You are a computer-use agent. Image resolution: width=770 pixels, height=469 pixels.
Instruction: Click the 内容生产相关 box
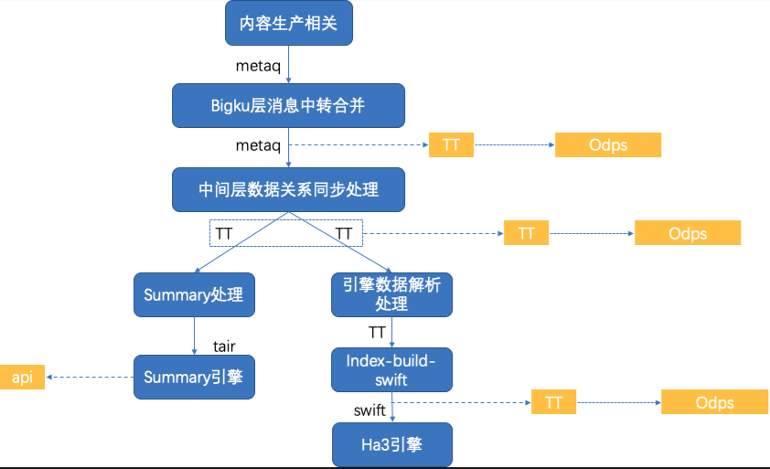tap(289, 23)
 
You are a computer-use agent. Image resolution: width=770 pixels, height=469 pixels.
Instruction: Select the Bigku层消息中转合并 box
tap(288, 105)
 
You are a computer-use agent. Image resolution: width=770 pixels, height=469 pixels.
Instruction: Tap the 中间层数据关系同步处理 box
tap(288, 189)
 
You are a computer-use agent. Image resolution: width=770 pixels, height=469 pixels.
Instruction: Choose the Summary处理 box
tap(194, 294)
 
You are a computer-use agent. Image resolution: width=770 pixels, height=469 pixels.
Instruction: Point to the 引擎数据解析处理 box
tap(391, 294)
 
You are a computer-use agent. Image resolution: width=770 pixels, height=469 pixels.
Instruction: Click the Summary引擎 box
tap(194, 378)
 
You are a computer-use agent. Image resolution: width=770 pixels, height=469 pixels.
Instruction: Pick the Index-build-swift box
tap(391, 369)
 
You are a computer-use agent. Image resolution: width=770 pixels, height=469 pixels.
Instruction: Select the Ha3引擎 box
tap(392, 444)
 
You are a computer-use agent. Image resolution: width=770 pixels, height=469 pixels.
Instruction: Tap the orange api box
tap(22, 378)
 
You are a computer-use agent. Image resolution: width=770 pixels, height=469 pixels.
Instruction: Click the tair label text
tap(224, 346)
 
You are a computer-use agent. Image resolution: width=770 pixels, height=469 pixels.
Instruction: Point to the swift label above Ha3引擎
tap(369, 410)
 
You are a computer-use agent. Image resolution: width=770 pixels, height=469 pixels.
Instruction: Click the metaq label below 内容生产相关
tap(258, 66)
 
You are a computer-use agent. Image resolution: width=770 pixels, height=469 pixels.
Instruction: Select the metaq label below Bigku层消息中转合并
tap(258, 145)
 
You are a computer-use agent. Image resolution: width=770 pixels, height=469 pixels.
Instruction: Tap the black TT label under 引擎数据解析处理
tap(377, 333)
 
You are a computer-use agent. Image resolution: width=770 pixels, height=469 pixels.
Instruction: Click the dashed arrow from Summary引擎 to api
tap(90, 378)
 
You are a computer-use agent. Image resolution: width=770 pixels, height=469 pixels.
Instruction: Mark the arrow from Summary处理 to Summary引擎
tap(195, 336)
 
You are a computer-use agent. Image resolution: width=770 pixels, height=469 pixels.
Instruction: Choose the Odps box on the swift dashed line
tap(714, 402)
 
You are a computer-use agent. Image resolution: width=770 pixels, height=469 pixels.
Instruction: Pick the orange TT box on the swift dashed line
tap(553, 402)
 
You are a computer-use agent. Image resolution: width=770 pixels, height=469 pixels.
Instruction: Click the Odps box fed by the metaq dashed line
tap(608, 144)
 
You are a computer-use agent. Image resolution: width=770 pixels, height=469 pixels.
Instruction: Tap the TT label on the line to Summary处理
tap(224, 234)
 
